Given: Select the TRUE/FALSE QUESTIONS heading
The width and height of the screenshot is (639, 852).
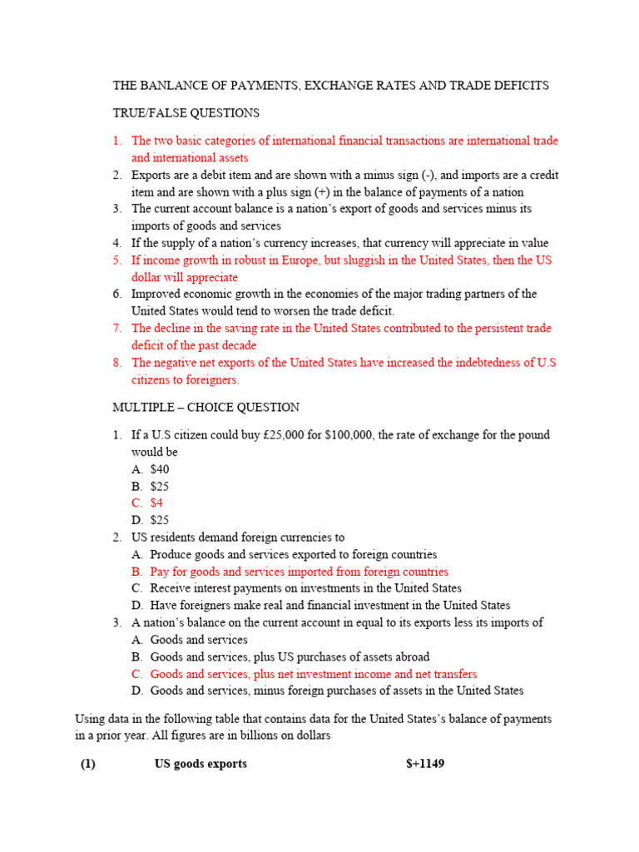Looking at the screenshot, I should [x=186, y=113].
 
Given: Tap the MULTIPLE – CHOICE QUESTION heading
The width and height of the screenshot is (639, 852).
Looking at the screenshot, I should [x=206, y=408].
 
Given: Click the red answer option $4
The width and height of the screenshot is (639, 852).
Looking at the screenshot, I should [x=156, y=503].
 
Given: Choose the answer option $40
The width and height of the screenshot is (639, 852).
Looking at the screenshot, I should [x=159, y=469].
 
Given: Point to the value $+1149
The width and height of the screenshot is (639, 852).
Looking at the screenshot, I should [x=419, y=763].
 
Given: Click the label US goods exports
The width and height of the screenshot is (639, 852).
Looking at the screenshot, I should [x=201, y=763].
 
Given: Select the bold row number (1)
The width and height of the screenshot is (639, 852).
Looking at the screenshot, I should [x=89, y=763].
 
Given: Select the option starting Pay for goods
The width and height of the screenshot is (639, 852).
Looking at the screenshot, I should [x=299, y=572].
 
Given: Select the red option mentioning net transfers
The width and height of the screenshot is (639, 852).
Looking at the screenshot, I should [x=314, y=674].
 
